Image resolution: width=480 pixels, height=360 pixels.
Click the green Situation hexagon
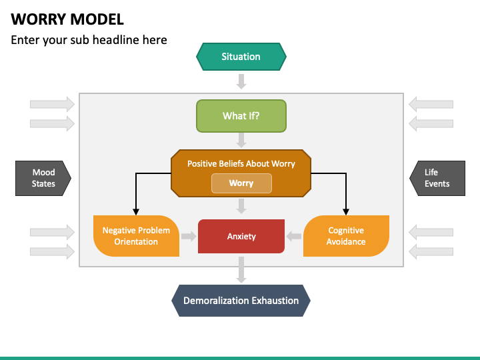pyautogui.click(x=241, y=57)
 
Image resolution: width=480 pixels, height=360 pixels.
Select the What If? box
pyautogui.click(x=241, y=116)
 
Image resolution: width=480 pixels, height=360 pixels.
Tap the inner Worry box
pyautogui.click(x=241, y=183)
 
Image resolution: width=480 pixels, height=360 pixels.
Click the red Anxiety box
pyautogui.click(x=241, y=236)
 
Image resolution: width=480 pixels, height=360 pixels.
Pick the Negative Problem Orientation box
pyautogui.click(x=136, y=236)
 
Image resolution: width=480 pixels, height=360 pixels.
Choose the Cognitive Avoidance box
pyautogui.click(x=346, y=236)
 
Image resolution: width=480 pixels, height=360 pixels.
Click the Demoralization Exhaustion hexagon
pyautogui.click(x=241, y=301)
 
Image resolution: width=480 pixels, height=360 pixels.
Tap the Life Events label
pyautogui.click(x=437, y=178)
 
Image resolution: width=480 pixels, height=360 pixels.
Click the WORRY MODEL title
pyautogui.click(x=67, y=19)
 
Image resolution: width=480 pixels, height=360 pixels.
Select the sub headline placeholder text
pyautogui.click(x=89, y=40)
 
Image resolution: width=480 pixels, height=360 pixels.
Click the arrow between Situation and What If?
pyautogui.click(x=241, y=81)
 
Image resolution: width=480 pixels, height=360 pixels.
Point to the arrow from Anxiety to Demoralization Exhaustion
pyautogui.click(x=241, y=269)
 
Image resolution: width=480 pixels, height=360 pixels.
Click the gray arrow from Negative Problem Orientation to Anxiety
pyautogui.click(x=189, y=236)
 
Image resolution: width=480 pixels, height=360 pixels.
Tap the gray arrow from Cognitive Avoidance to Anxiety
pyautogui.click(x=294, y=236)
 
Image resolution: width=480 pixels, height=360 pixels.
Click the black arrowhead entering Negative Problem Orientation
pyautogui.click(x=136, y=211)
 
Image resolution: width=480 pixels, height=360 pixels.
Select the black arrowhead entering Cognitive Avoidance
pyautogui.click(x=346, y=211)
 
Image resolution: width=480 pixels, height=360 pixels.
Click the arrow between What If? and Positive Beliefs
pyautogui.click(x=241, y=140)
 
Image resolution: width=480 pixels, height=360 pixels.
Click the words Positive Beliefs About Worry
pyautogui.click(x=241, y=163)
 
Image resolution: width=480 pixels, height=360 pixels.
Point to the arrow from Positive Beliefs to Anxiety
pyautogui.click(x=241, y=207)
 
